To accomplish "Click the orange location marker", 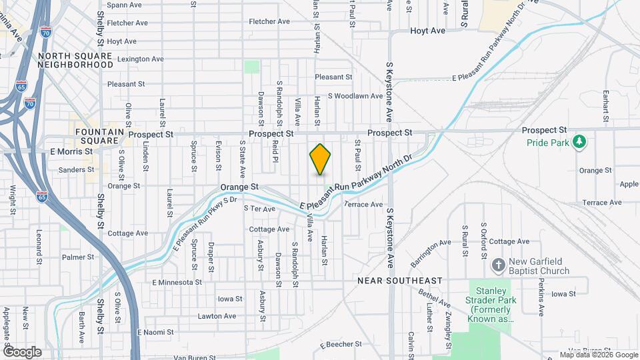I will point(321,159).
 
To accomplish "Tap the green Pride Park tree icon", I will point(580,141).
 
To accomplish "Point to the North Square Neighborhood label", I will point(75,60).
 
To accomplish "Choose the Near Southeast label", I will point(400,281).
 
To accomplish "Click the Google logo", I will point(22,351).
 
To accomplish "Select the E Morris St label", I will point(71,151).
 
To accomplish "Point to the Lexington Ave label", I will point(140,59).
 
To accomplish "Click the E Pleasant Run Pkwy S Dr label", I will point(205,224).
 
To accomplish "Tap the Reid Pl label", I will point(275,154).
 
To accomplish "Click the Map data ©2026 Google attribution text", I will point(599,355).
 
